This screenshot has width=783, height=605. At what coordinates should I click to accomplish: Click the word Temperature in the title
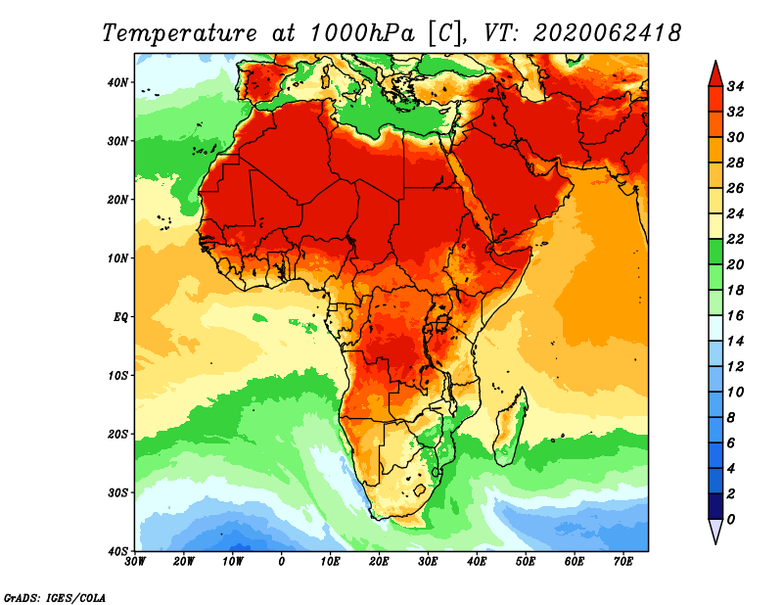click(x=179, y=33)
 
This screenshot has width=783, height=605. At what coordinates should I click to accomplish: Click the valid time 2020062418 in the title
click(x=607, y=33)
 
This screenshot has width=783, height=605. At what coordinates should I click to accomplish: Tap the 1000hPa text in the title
click(x=362, y=33)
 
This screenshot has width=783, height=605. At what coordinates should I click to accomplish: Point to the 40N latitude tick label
click(x=117, y=82)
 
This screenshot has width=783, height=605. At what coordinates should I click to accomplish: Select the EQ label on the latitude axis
click(x=120, y=317)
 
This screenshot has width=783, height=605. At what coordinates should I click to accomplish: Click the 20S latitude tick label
click(x=117, y=434)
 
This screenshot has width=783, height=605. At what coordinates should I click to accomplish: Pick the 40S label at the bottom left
click(x=117, y=551)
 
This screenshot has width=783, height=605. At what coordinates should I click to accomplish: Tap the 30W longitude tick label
click(x=134, y=562)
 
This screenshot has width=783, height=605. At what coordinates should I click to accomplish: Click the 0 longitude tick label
click(x=282, y=562)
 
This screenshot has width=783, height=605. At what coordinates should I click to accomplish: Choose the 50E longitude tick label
click(x=526, y=562)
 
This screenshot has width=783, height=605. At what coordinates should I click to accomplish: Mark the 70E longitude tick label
click(x=623, y=562)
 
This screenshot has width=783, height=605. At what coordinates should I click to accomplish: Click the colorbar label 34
click(x=735, y=86)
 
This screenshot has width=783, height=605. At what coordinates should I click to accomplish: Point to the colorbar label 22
click(x=735, y=239)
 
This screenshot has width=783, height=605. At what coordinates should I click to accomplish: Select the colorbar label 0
click(x=731, y=520)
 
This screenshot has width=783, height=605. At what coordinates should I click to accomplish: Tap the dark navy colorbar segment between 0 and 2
click(x=715, y=506)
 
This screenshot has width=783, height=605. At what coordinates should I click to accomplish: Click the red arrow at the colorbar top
click(x=715, y=74)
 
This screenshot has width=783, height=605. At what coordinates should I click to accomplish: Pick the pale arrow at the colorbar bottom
click(x=715, y=532)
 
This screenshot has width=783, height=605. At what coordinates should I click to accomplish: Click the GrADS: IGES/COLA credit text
click(x=55, y=598)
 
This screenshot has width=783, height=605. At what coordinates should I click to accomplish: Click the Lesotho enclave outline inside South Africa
click(x=420, y=489)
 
